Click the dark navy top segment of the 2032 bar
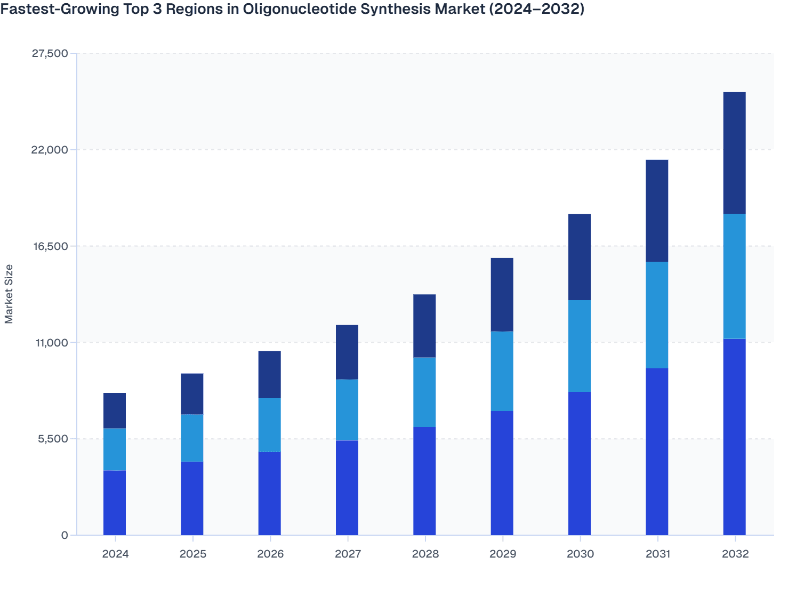(x=734, y=153)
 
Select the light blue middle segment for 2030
(x=579, y=346)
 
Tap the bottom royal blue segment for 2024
(x=115, y=503)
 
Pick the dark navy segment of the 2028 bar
(x=424, y=326)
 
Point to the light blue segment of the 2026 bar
(x=269, y=425)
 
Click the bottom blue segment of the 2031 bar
(x=657, y=451)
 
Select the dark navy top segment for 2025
(x=192, y=394)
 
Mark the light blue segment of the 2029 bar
(x=502, y=371)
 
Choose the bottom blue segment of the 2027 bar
(x=347, y=488)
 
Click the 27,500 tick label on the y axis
(x=51, y=53)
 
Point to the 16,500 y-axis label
(x=51, y=246)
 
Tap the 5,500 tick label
(x=53, y=439)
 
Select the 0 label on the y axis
(x=65, y=535)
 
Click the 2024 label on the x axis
(x=115, y=554)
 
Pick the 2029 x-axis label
(x=502, y=554)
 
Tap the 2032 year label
(x=735, y=554)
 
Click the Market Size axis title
(x=9, y=294)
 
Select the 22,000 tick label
(x=51, y=150)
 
